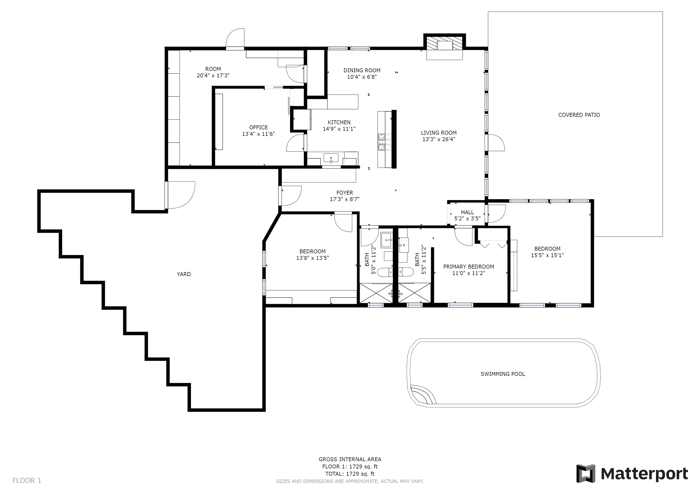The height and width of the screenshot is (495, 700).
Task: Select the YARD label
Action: click(x=184, y=274)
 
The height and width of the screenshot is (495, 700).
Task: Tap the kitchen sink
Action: click(x=331, y=158)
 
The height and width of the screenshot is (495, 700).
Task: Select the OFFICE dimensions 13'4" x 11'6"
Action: click(x=259, y=134)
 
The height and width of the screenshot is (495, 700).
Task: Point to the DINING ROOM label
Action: click(x=362, y=70)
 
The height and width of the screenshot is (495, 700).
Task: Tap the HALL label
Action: click(x=467, y=213)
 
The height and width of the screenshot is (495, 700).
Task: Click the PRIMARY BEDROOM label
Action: click(x=469, y=267)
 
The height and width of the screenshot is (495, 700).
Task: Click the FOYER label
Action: click(x=345, y=193)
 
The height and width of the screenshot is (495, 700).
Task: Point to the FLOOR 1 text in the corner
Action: click(x=27, y=481)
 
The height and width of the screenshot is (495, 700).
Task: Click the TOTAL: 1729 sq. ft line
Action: click(x=350, y=474)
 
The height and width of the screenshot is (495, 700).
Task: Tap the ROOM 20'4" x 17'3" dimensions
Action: click(x=213, y=75)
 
